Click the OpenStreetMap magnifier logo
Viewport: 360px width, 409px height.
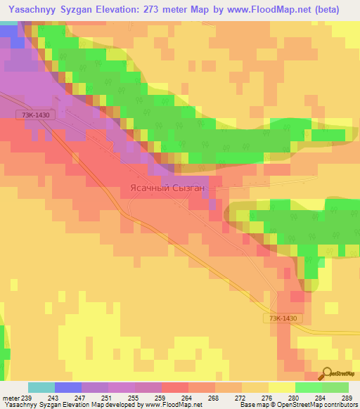[328, 373]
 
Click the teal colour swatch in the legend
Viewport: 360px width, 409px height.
[41, 387]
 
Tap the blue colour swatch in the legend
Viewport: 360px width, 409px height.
[68, 387]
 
